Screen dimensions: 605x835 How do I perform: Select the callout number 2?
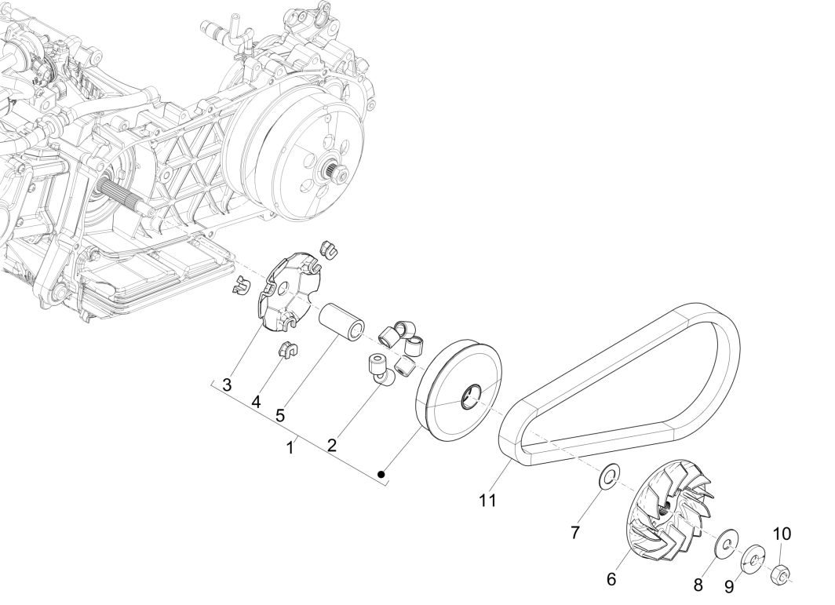(x=332, y=445)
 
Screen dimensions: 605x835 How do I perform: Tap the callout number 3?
(x=227, y=385)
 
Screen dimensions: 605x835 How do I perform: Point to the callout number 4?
(x=256, y=401)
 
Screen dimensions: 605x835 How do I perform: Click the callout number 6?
(x=611, y=580)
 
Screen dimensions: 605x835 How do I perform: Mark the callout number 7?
(x=575, y=533)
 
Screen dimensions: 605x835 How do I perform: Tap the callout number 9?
(x=729, y=586)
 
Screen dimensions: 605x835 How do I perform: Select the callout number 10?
(x=782, y=534)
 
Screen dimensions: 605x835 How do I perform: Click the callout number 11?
(x=487, y=500)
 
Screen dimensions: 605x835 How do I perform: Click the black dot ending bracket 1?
(x=381, y=473)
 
